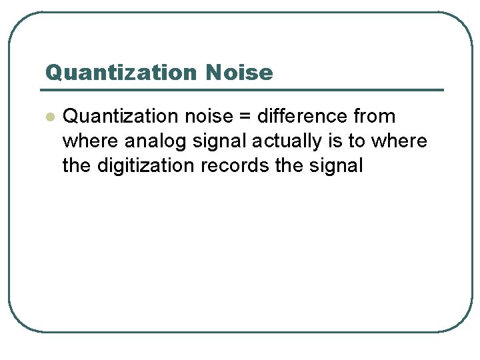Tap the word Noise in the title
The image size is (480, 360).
[239, 73]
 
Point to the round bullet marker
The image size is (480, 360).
[48, 117]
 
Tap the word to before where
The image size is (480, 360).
[357, 141]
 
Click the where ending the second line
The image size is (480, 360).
[399, 141]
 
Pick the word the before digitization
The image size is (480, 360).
[77, 165]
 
